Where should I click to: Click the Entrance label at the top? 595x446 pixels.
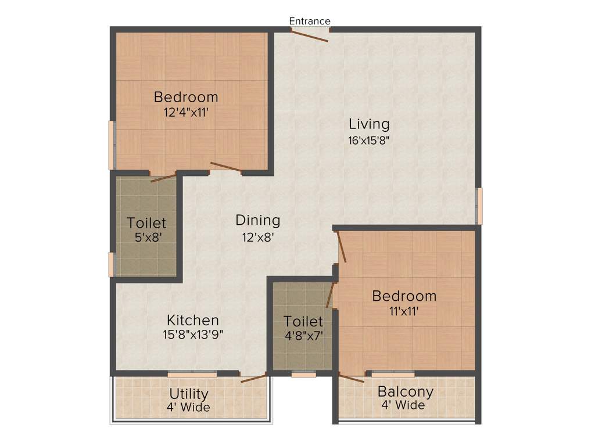coord(310,21)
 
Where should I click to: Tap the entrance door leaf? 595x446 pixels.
coord(310,35)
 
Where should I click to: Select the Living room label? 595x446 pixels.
coord(369,124)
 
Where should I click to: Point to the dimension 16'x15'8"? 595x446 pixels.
coord(368,140)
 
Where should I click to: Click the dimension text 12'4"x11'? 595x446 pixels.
coord(186,111)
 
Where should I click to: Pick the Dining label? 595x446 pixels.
coord(257,221)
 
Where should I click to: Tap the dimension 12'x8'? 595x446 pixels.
coord(257,236)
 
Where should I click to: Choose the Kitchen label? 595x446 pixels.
coord(193,320)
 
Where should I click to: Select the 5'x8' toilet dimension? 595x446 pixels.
coord(146,238)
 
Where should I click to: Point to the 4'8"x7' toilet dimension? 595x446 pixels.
coord(303,336)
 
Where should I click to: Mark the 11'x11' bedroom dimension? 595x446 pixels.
coord(404,311)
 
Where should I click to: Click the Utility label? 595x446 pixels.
coord(189,394)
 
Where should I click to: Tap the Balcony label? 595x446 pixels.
coord(406,391)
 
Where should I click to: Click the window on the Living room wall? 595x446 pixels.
coord(479,206)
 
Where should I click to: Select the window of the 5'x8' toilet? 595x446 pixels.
coord(112,264)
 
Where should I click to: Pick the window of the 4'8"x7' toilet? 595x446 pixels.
coord(303,375)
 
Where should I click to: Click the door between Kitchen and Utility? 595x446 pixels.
coord(254,378)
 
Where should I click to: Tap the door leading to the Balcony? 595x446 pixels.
coord(352,379)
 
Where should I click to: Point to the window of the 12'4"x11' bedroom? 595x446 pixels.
coord(112,145)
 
